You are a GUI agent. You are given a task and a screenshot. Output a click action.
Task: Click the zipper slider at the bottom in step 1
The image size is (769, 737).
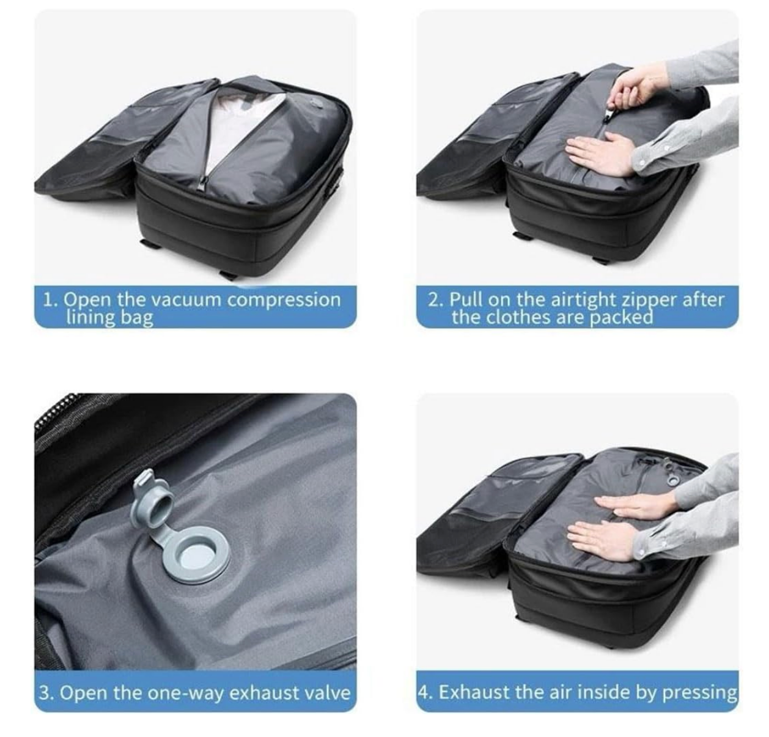204,183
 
